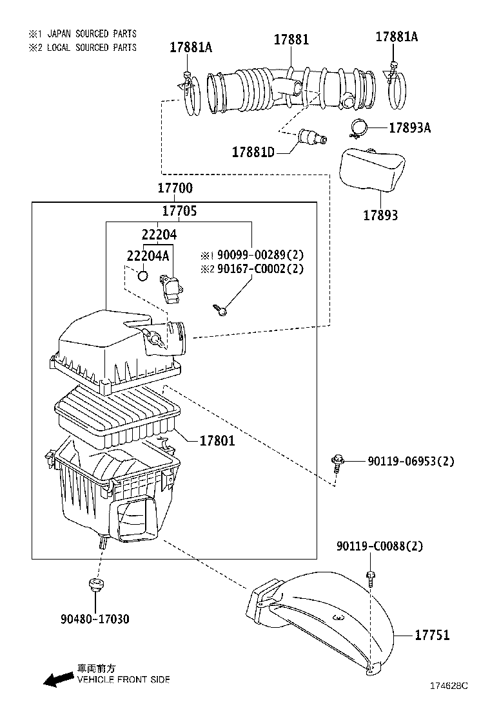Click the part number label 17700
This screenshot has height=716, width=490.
coord(175,187)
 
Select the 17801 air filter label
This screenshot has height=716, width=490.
coord(217,440)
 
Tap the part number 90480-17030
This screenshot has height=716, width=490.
coord(95,619)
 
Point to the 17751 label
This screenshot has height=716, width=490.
coord(432,635)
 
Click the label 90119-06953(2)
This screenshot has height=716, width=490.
coord(411,461)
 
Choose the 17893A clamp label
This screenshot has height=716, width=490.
coord(409,128)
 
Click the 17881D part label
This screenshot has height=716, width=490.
coord(253,152)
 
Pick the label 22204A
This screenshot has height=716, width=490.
coord(148,256)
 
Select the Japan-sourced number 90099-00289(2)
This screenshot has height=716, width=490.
coord(260,255)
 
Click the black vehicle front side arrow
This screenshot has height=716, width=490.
coord(59,679)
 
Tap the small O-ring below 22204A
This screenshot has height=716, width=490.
coord(143,276)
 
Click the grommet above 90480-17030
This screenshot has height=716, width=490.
coord(95,585)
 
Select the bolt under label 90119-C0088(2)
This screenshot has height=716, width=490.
coord(371,579)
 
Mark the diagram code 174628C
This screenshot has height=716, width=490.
coord(448,685)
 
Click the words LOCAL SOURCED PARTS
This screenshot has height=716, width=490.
coord(92,48)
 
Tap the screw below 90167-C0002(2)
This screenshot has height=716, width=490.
coord(220,310)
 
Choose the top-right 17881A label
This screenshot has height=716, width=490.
coord(397,37)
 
